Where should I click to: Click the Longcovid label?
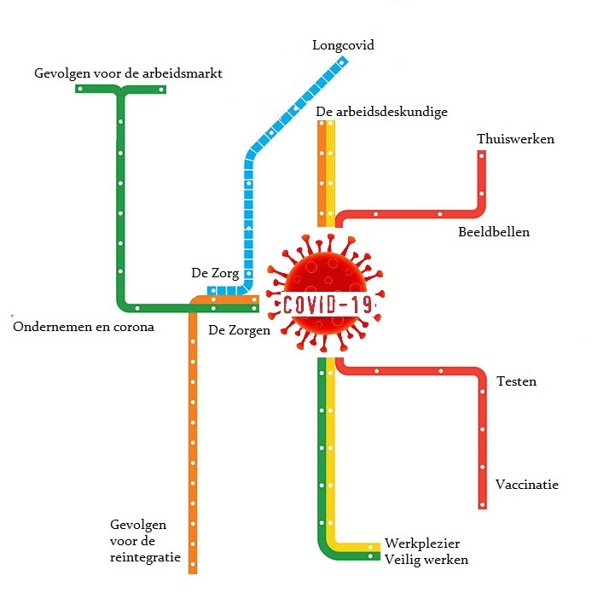tap(343, 45)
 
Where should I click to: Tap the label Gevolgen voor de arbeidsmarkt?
tap(128, 73)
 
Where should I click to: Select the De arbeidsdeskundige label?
tap(381, 112)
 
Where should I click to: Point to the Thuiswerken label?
tap(515, 139)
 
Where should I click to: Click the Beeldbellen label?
tap(493, 231)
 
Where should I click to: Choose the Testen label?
tap(516, 381)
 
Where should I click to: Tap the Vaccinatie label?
tap(526, 484)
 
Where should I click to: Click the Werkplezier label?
tap(422, 544)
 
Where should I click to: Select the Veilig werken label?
tap(426, 560)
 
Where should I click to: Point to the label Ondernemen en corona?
tap(83, 327)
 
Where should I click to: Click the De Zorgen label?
tap(239, 329)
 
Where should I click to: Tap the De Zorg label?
tap(215, 274)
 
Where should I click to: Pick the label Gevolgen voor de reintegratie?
tap(145, 540)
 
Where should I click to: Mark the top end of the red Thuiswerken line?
tap(482, 154)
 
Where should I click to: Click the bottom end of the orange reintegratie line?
tap(193, 569)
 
